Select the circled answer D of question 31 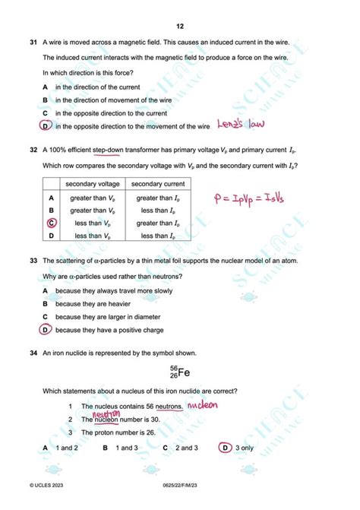pos(46,126)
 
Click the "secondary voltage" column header pos(91,184)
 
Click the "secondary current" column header pos(158,184)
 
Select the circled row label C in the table pos(52,223)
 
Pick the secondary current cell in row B pos(158,210)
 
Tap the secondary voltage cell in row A pos(91,198)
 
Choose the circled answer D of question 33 pos(46,330)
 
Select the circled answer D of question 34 pos(225,448)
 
